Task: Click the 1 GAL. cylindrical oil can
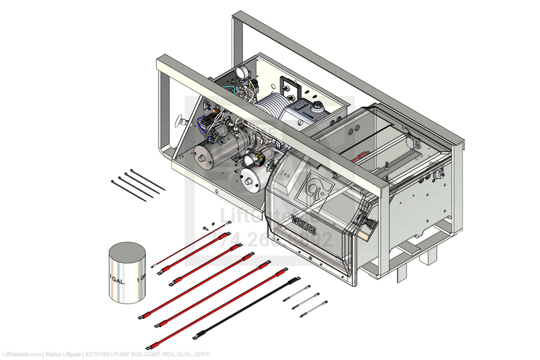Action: point(127,272)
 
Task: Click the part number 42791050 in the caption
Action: point(100,354)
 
